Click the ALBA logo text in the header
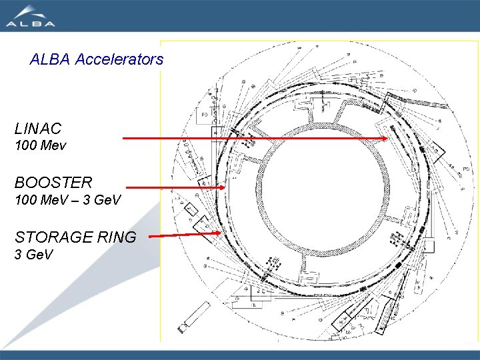tap(31, 23)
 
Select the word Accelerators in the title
tap(119, 59)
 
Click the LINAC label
tap(38, 128)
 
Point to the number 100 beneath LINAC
tap(25, 145)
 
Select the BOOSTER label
tap(53, 181)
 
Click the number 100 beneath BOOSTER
tap(25, 199)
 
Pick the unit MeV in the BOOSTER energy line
tap(55, 199)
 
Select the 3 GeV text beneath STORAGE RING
tap(33, 255)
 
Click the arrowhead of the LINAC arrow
tap(386, 139)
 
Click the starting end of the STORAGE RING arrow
tap(149, 236)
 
